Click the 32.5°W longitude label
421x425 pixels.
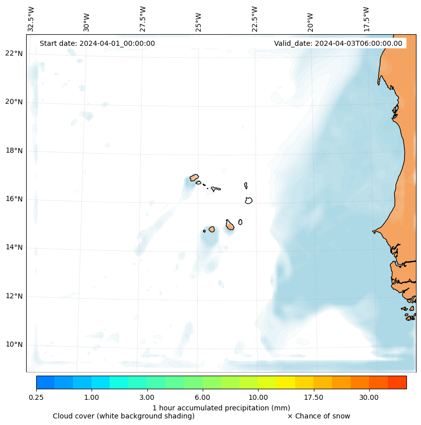coord(31,19)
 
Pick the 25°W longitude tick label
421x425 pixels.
coord(199,22)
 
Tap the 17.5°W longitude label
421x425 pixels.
coord(367,19)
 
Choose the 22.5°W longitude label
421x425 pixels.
coord(255,19)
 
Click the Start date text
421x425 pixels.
coord(97,43)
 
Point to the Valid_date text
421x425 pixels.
coord(338,43)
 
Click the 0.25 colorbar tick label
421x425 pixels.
coord(36,398)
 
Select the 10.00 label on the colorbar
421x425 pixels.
coord(258,398)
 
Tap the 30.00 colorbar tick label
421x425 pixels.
coord(369,398)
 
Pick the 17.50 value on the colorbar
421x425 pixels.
coord(313,398)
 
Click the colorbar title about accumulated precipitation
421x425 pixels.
coord(221,408)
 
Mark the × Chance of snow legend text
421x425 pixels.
coord(318,416)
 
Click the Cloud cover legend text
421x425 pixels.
coord(124,416)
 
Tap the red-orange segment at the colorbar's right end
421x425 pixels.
coord(397,382)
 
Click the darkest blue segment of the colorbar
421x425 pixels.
coord(45,382)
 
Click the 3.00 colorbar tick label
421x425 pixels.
coord(147,398)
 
